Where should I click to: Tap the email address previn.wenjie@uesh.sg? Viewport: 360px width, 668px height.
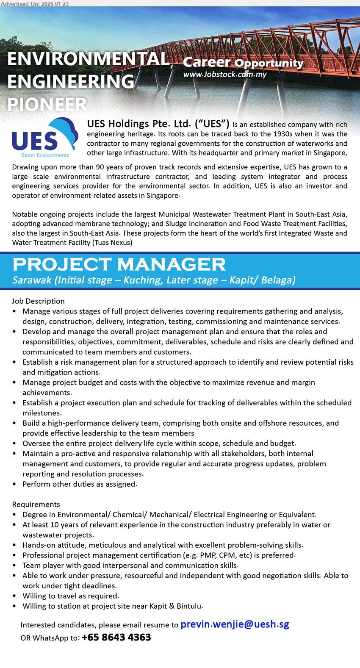point(235,624)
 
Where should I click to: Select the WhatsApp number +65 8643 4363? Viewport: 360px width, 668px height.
point(116,637)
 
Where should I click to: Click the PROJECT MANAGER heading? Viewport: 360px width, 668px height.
point(119,264)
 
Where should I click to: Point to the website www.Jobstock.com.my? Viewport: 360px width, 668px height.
point(225,74)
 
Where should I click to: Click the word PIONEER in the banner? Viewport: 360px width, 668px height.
point(47,104)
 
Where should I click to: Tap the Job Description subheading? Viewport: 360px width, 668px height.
point(38,301)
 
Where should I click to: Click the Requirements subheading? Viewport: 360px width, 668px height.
point(36,504)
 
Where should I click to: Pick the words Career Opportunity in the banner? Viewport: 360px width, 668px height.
point(243,63)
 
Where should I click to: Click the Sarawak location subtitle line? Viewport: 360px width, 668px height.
point(154,280)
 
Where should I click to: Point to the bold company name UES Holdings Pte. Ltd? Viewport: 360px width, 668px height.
point(158,124)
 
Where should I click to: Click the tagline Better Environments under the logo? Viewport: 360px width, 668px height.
point(45,155)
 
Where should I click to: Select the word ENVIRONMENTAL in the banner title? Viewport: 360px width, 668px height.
point(89,59)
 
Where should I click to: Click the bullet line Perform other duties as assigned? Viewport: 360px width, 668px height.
point(80,484)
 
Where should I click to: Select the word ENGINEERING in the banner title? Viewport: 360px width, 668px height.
point(71,81)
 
